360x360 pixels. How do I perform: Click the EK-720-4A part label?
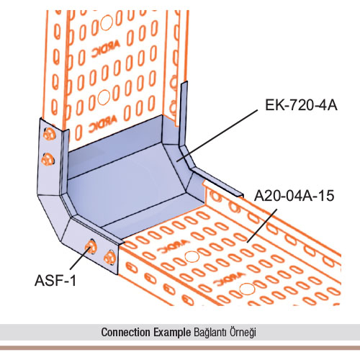pyautogui.click(x=301, y=105)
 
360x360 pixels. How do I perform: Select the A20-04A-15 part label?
pyautogui.click(x=294, y=196)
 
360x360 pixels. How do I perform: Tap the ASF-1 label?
pyautogui.click(x=55, y=280)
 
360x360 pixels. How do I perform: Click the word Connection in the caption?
pyautogui.click(x=126, y=333)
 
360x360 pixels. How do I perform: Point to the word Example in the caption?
pyautogui.click(x=172, y=333)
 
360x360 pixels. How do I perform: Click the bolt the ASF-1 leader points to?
pyautogui.click(x=91, y=246)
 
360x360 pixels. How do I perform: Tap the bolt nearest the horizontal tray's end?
pyautogui.click(x=109, y=258)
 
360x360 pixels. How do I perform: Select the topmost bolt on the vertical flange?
pyautogui.click(x=49, y=134)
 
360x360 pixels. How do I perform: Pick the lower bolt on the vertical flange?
pyautogui.click(x=48, y=159)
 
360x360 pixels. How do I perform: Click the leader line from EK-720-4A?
pyautogui.click(x=217, y=135)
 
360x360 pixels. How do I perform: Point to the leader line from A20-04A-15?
pyautogui.click(x=262, y=225)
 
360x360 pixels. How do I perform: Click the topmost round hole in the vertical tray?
pyautogui.click(x=107, y=23)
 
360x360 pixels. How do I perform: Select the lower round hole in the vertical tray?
pyautogui.click(x=104, y=97)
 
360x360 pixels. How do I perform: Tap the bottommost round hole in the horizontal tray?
pyautogui.click(x=247, y=289)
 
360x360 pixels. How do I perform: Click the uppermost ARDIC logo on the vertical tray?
pyautogui.click(x=106, y=50)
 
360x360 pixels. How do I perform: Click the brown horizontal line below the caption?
pyautogui.click(x=180, y=348)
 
